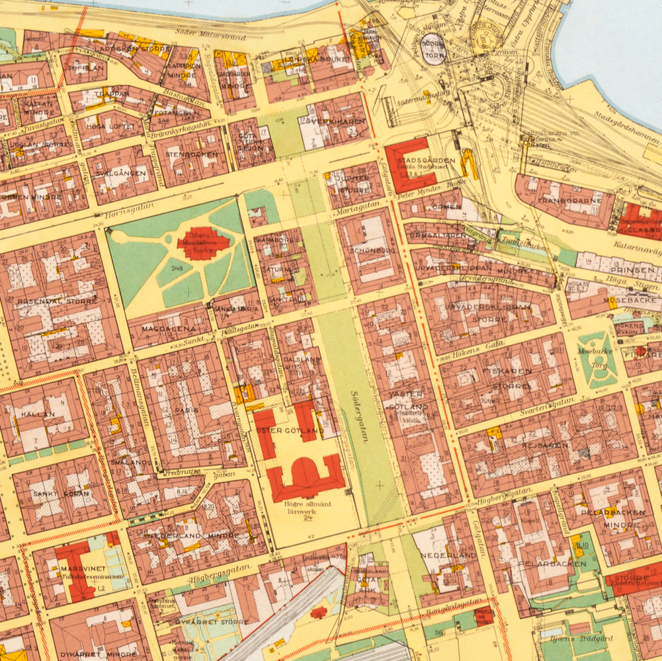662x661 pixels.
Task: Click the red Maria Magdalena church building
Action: [x=203, y=243]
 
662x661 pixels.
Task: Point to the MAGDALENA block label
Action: [x=171, y=329]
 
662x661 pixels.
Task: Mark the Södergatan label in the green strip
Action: [x=358, y=416]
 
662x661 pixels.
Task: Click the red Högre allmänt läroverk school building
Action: [x=305, y=478]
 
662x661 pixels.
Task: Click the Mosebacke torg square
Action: [x=597, y=359]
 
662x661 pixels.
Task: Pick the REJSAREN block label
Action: [x=544, y=446]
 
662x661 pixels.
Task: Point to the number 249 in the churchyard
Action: [x=177, y=268]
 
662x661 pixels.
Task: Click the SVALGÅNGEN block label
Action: [x=120, y=173]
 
